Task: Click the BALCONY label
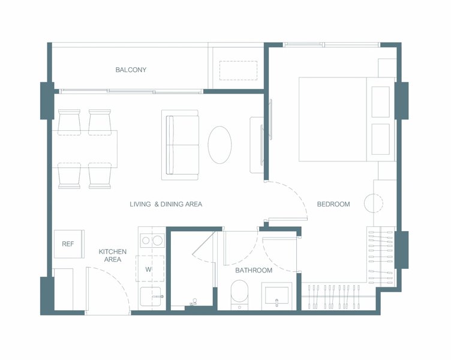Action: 131,70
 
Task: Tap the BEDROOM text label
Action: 333,204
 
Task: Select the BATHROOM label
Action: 254,270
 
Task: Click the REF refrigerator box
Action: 69,244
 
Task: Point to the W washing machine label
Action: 148,269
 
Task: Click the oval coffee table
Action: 220,145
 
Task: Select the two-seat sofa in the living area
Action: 180,145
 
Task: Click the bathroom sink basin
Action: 276,295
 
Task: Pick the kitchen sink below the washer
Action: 151,296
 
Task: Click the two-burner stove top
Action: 152,241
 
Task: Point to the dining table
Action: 85,149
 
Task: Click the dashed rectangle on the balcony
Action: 239,71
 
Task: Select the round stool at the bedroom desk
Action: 374,203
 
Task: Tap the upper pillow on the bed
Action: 380,102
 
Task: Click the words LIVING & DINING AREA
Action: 166,204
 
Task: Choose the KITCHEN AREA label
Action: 113,256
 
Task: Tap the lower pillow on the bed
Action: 380,139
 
